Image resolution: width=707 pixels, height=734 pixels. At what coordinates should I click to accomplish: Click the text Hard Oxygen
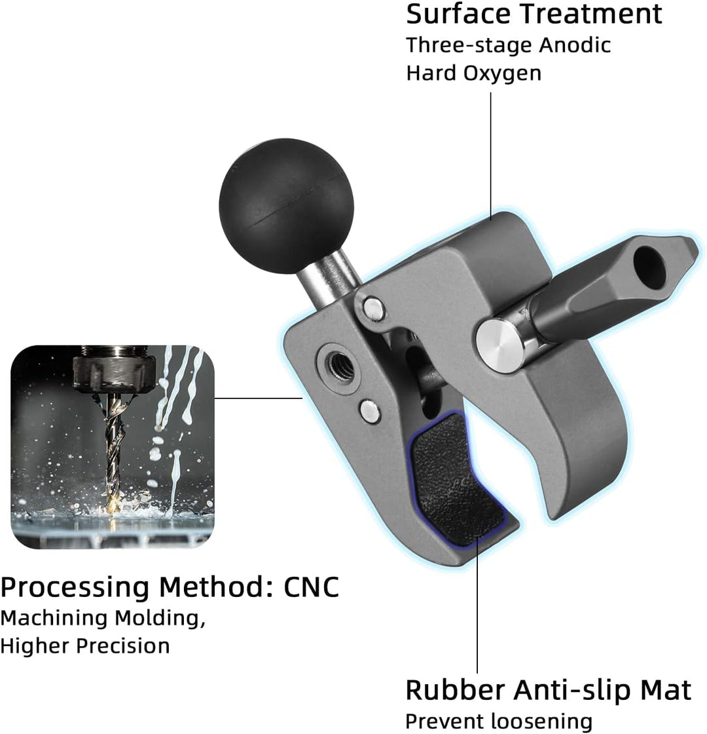(x=473, y=73)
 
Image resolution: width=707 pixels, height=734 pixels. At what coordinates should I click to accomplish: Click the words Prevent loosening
(x=499, y=721)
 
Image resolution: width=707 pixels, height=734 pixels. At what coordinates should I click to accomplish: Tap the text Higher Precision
(x=85, y=646)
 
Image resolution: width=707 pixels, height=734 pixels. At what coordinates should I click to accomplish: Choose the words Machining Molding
(x=103, y=618)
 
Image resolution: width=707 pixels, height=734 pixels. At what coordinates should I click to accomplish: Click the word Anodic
(x=575, y=45)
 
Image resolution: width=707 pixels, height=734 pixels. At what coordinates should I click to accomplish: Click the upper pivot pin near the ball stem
(x=371, y=307)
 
